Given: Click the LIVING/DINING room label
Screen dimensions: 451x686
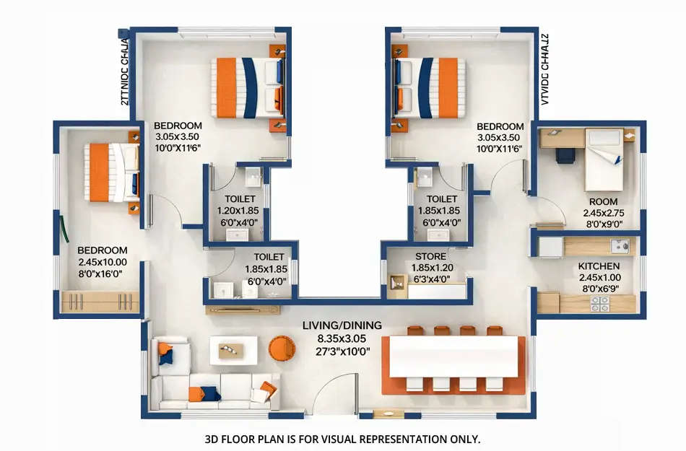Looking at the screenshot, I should tap(342, 325).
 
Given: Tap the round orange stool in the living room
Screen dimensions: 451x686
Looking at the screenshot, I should tap(282, 349).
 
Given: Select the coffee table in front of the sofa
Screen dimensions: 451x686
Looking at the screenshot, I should tap(233, 350).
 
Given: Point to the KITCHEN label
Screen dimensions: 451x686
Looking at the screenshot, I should tap(599, 266).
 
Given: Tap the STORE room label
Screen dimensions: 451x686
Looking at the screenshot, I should tap(430, 256).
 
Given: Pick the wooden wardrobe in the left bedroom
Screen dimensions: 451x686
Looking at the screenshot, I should tap(100, 302).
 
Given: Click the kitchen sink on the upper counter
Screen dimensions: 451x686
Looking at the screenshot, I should tap(619, 246).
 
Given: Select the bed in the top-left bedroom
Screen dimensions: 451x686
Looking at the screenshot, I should tap(246, 88).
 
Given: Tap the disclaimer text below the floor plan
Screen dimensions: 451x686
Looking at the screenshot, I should tap(343, 438).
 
